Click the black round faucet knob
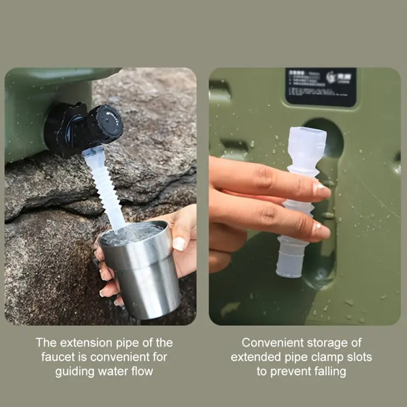(106, 123)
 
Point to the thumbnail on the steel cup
(180, 244)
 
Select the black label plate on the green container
(320, 87)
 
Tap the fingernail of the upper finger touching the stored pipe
(322, 190)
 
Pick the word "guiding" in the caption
(75, 371)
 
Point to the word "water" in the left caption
(112, 371)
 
